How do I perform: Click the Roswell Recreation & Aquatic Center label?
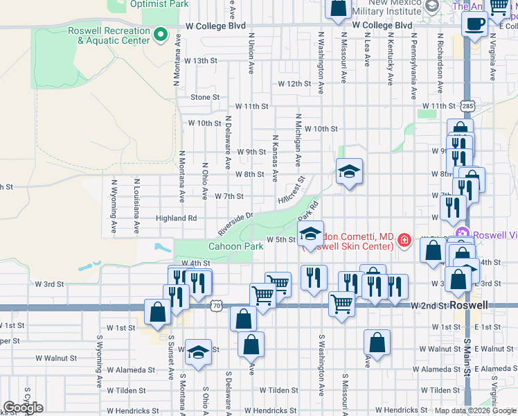(109, 35)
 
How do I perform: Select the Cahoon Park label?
(236, 246)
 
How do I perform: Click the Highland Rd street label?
(177, 218)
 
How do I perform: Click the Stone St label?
(205, 97)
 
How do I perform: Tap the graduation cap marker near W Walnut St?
(198, 352)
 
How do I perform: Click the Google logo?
(23, 408)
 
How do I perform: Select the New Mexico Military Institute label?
(386, 8)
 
